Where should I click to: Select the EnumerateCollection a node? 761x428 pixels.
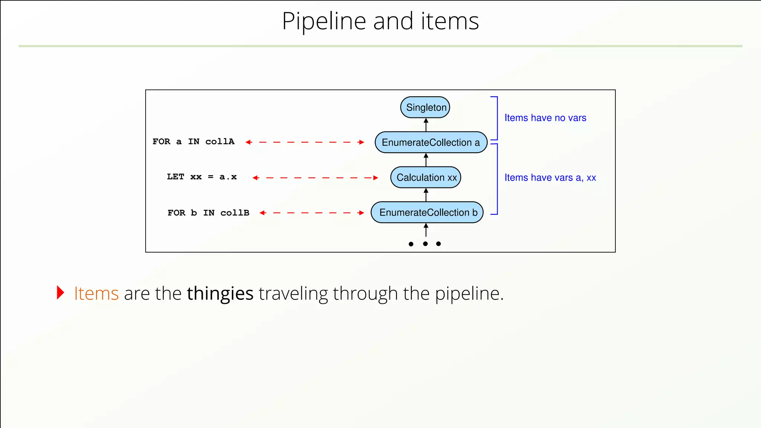pos(431,142)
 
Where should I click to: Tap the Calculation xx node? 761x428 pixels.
pos(426,178)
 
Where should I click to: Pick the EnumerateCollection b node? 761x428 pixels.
pos(427,213)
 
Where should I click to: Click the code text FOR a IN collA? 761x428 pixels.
pos(193,142)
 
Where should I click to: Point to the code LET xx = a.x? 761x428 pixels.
pos(201,177)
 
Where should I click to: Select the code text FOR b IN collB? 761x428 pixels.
pos(208,213)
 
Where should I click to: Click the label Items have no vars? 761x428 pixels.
pos(545,118)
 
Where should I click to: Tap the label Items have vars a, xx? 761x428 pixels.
pos(550,178)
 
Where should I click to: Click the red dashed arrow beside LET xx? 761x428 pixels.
pos(315,178)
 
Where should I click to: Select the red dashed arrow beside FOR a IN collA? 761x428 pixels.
pos(305,142)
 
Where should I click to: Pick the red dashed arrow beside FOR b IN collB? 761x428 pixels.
pos(312,213)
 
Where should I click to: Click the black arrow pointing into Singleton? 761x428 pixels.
pos(426,125)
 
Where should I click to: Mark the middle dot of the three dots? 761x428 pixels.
pos(425,244)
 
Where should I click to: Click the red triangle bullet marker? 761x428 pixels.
pos(60,293)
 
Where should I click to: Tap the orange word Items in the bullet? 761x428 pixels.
pos(96,294)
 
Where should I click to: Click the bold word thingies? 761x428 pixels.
pos(220,294)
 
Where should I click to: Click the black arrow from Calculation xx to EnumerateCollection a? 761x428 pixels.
pos(426,160)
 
